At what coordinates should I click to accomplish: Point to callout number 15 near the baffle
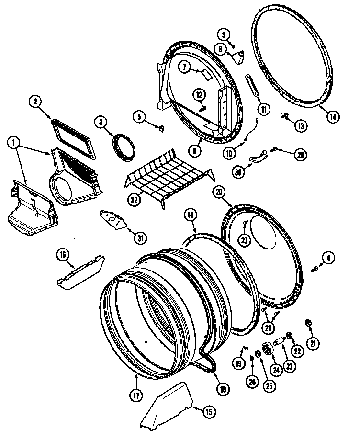[208, 411]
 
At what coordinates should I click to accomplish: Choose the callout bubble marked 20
[220, 192]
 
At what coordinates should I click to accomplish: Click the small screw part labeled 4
[315, 270]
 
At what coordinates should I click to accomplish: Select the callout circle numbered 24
[276, 369]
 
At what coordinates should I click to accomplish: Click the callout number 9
[223, 34]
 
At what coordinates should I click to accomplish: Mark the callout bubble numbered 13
[301, 126]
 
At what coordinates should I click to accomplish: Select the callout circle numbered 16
[62, 254]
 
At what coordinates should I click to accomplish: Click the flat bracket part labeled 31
[113, 219]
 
